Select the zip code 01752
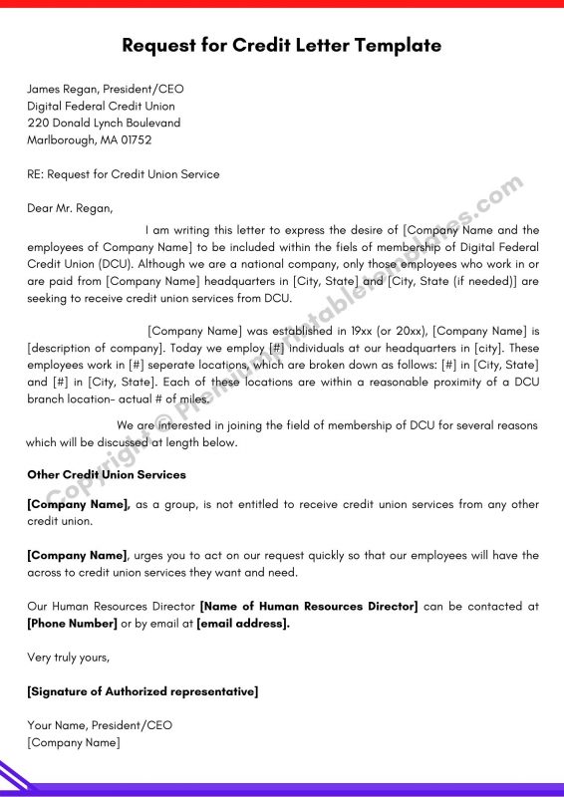[x=134, y=139]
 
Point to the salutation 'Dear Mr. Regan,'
[x=71, y=208]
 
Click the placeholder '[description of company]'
[x=91, y=348]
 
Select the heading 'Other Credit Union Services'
[x=106, y=475]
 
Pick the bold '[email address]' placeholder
[x=243, y=624]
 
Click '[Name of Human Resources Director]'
[x=309, y=606]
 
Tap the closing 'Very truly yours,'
[x=69, y=658]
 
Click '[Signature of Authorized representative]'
[x=142, y=691]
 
